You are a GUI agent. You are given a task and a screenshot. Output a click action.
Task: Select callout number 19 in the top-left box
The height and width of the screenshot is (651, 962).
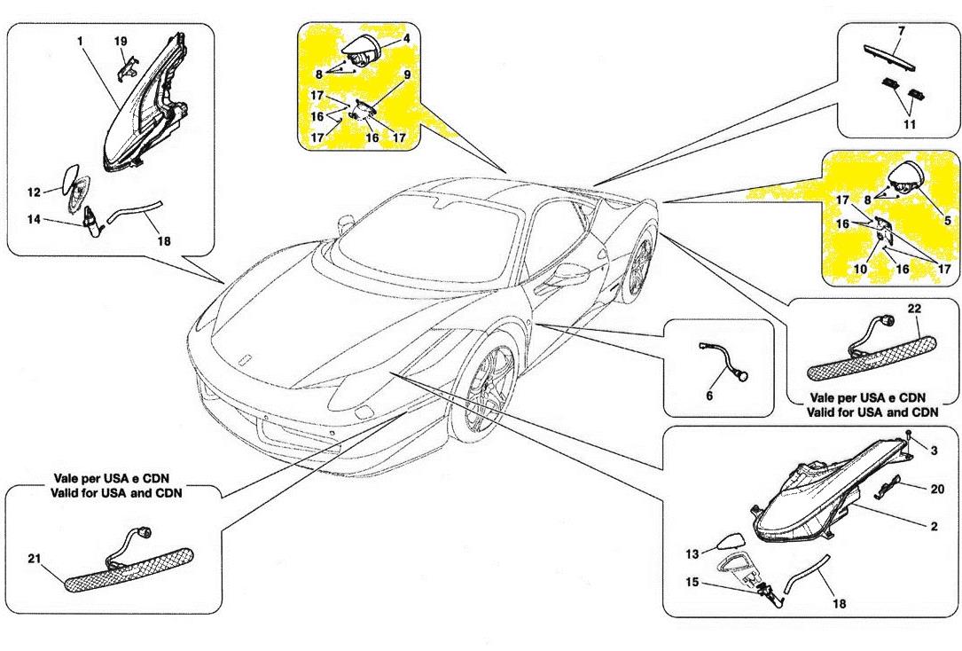[121, 41]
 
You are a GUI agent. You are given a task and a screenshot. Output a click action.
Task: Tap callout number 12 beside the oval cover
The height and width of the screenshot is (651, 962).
[33, 192]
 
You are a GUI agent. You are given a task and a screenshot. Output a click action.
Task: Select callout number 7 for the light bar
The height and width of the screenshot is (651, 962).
[901, 32]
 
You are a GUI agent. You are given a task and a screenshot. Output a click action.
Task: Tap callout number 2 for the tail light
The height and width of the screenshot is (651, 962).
[934, 526]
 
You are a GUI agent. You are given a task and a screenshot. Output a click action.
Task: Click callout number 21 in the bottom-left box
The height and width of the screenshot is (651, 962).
[32, 559]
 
